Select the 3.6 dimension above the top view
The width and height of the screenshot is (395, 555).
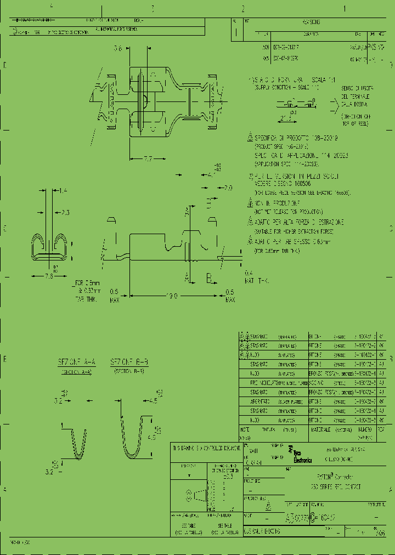pos(117,49)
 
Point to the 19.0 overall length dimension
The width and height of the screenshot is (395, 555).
pos(172,296)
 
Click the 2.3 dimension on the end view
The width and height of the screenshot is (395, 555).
pos(65,212)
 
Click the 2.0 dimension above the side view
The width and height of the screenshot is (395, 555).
pos(228,188)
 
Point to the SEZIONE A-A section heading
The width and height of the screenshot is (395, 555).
pos(77,362)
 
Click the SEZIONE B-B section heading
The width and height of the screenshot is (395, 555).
pos(129,362)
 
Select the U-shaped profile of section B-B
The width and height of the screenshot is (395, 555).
pos(131,437)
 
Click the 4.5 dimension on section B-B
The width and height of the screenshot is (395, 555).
pos(152,400)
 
